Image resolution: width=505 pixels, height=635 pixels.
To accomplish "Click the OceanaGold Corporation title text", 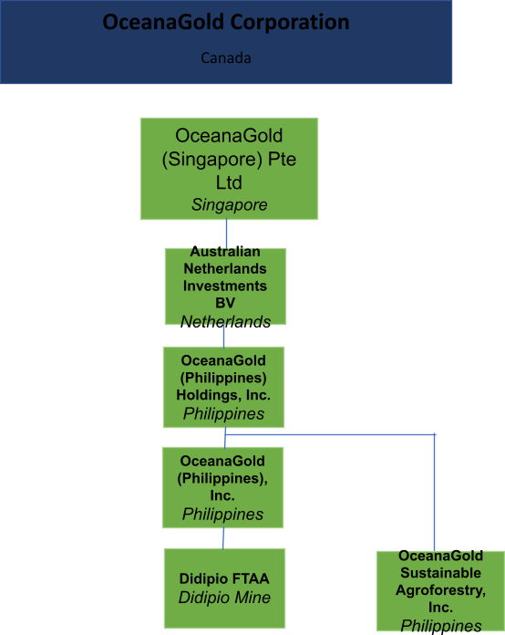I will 226,23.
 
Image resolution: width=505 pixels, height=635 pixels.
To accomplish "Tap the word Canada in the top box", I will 226,57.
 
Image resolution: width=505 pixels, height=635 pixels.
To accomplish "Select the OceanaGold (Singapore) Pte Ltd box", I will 229,169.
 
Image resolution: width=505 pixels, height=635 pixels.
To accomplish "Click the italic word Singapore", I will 230,205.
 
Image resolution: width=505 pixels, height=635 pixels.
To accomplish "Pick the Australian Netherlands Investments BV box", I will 225,286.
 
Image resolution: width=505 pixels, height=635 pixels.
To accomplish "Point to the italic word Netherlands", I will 225,321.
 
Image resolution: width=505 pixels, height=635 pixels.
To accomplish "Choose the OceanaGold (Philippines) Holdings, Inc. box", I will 223,387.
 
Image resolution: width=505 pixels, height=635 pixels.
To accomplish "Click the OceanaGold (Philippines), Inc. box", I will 223,487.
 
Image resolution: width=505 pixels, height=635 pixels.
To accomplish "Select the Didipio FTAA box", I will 224,588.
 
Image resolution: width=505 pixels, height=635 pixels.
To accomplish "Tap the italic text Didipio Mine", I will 224,598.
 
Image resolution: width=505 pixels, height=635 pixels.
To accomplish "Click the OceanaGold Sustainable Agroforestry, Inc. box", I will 440,591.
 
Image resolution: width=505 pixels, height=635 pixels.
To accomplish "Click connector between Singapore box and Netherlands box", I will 226,234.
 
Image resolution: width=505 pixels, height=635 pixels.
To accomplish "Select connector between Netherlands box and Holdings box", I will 223,336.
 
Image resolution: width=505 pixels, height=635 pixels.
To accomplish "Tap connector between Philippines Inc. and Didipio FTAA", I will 223,538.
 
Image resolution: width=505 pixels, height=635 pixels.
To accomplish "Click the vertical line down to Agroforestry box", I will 435,493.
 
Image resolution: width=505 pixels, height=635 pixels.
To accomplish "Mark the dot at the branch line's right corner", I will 435,434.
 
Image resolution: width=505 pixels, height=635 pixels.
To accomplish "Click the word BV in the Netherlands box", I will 225,303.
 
